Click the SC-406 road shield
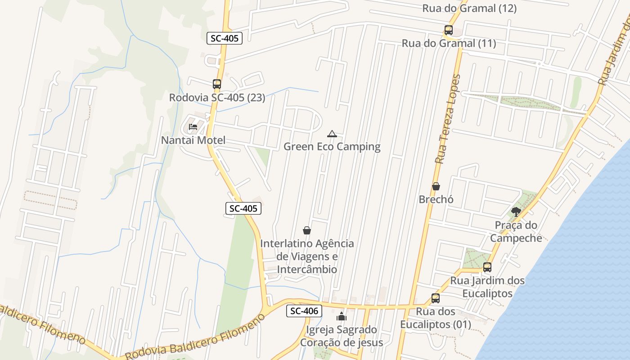304,310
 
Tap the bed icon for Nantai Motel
193,127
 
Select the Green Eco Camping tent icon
332,134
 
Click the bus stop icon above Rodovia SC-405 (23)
217,84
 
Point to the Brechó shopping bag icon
436,186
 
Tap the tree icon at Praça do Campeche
516,211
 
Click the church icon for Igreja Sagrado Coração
342,316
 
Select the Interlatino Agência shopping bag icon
307,230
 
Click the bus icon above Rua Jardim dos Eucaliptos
487,267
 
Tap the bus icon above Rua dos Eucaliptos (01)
435,298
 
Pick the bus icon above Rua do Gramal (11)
448,30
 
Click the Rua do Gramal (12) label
469,8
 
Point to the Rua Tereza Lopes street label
448,119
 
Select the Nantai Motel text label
193,140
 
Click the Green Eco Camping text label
332,147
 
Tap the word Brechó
436,199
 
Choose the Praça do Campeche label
516,231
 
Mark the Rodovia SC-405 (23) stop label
217,97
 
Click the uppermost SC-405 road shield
225,38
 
